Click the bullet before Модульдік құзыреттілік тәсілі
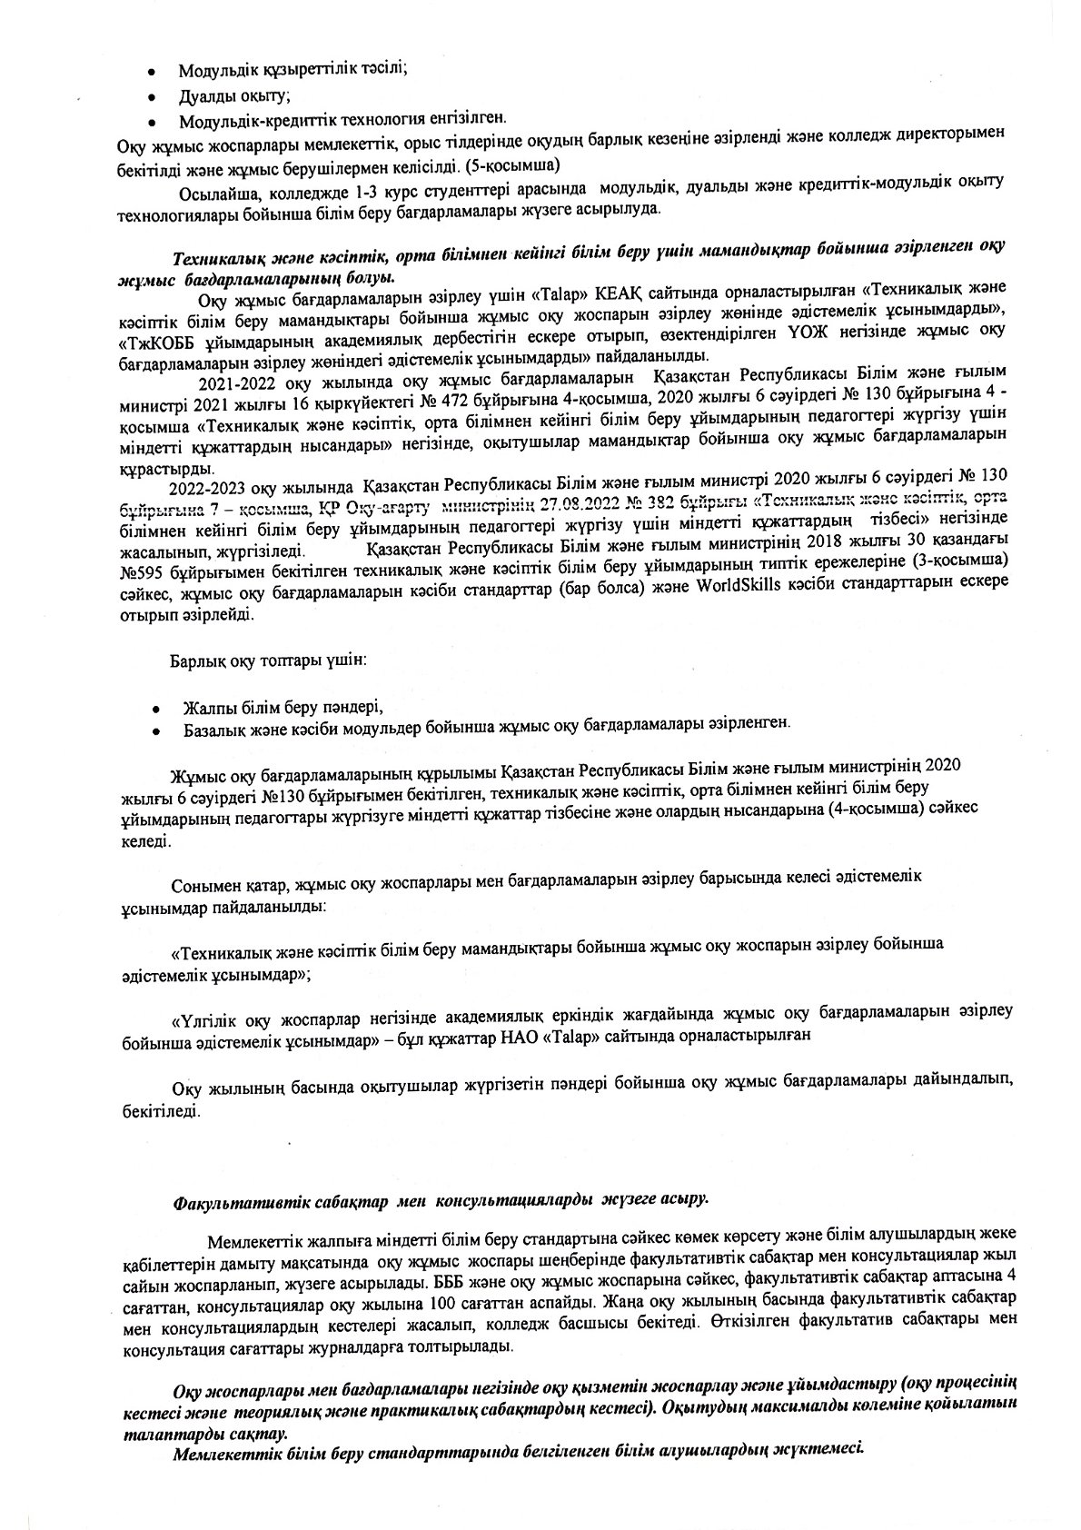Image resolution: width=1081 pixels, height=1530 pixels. pos(156,71)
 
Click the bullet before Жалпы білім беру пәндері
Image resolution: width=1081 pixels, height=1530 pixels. pos(156,707)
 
